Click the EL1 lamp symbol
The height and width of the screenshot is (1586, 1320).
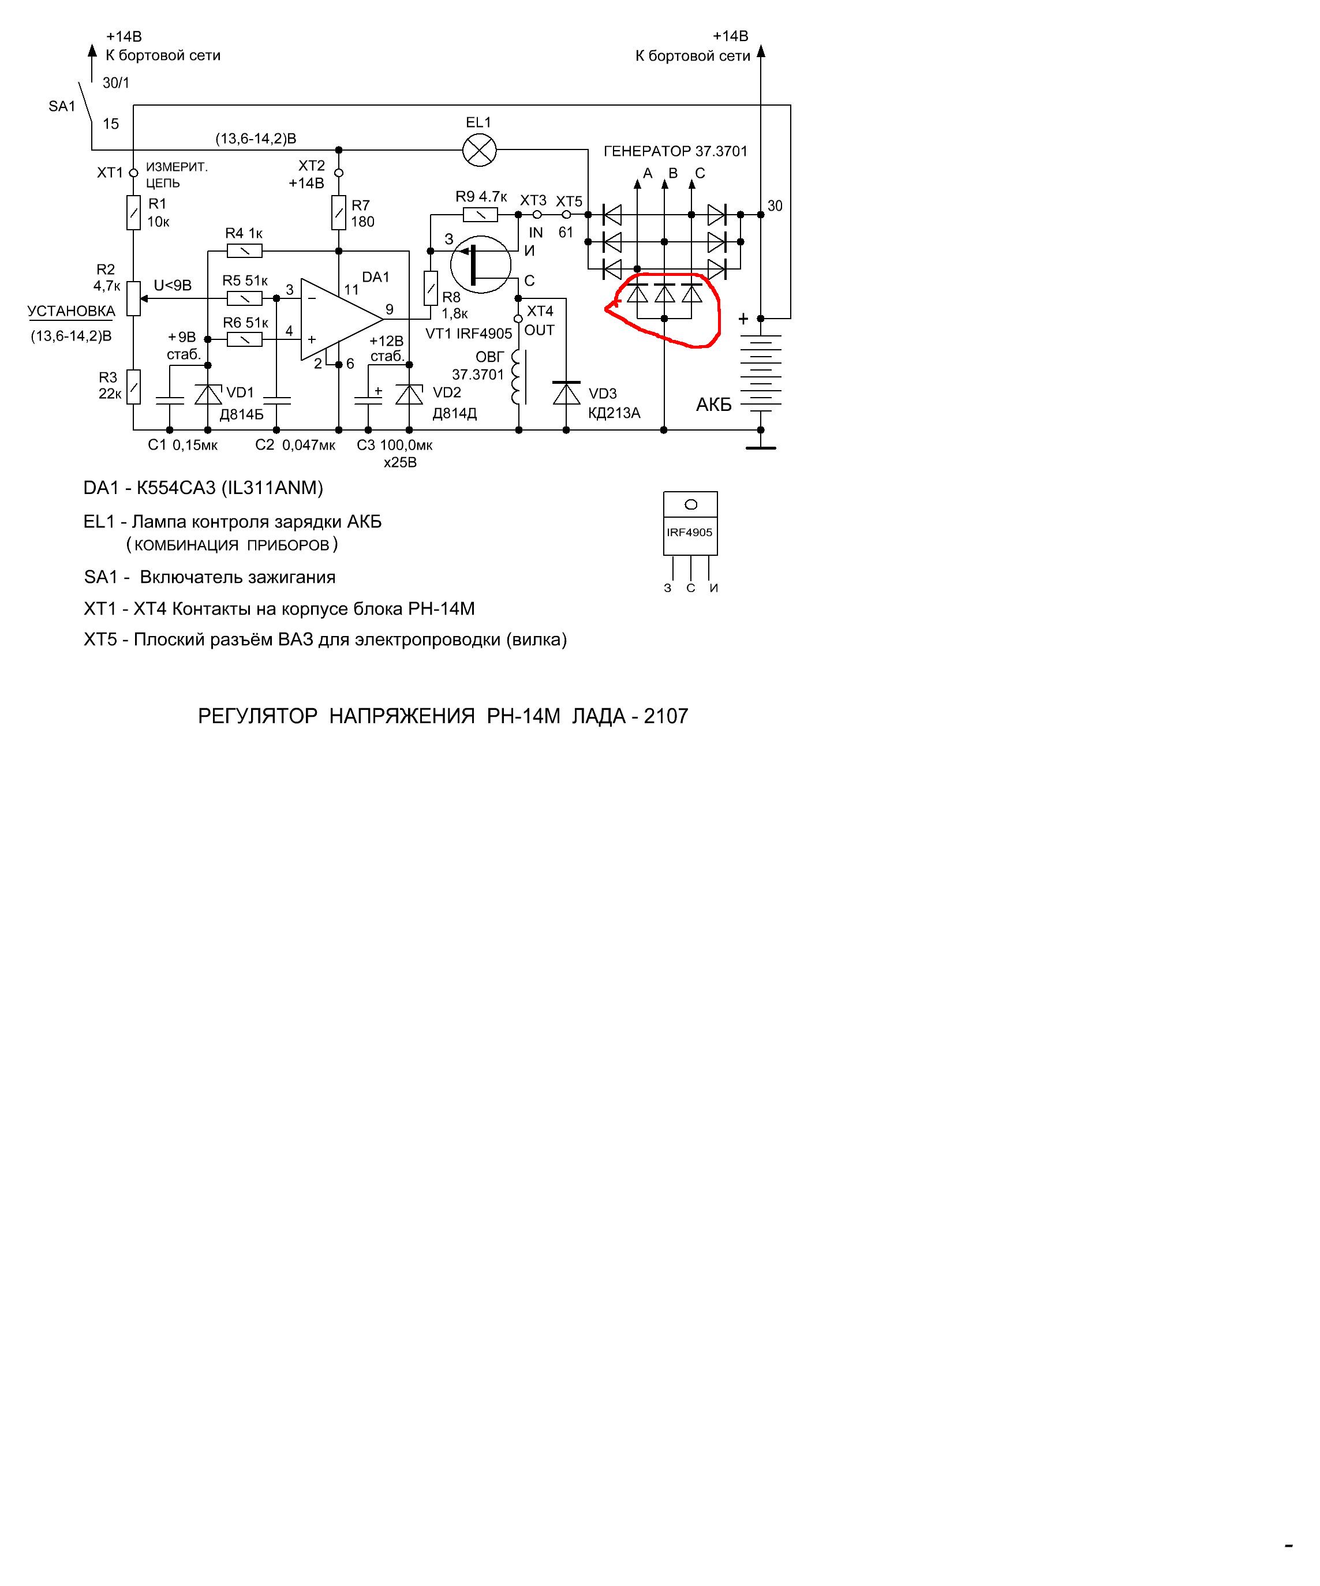click(478, 150)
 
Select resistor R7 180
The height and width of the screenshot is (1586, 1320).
click(339, 213)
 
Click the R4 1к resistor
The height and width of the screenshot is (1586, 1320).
click(244, 250)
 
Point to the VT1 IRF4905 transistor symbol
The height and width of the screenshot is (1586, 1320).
click(480, 264)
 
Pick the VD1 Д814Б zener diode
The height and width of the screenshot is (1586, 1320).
click(208, 394)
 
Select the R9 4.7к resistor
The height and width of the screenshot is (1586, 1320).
click(480, 215)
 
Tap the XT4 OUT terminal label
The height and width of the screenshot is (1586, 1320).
click(540, 321)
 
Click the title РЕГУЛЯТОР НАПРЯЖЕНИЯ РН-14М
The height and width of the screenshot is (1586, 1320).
click(379, 716)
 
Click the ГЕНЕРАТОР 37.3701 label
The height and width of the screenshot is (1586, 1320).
click(676, 151)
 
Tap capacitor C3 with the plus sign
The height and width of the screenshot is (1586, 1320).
click(368, 399)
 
